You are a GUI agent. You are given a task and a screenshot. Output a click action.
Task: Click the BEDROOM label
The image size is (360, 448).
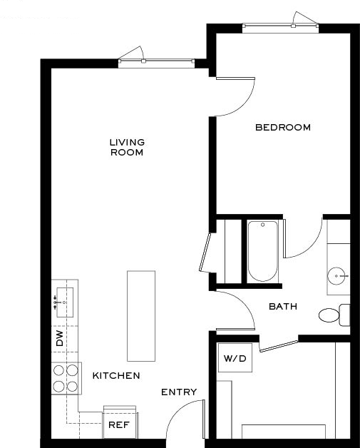283,127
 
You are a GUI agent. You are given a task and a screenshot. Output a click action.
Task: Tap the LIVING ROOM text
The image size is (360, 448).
127,147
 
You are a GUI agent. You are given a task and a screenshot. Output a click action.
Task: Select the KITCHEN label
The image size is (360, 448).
116,375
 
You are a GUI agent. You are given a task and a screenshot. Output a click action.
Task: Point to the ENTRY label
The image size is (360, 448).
179,392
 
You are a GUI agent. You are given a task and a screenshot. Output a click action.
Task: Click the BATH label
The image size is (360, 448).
283,306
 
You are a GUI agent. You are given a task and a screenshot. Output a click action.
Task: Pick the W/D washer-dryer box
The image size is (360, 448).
235,357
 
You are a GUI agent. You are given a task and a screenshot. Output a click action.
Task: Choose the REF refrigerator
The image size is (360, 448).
119,422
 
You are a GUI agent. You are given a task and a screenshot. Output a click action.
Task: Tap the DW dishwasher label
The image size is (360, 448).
59,339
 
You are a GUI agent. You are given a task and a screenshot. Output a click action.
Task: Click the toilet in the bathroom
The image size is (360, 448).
334,315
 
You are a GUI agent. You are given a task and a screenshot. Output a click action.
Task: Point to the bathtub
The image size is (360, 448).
262,251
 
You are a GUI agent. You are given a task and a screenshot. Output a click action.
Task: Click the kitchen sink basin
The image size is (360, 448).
65,302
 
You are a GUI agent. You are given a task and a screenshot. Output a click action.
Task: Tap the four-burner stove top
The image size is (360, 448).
66,378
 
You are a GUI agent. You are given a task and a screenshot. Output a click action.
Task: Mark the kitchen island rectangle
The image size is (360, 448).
141,316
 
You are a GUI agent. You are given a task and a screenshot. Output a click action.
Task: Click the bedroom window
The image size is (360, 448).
280,26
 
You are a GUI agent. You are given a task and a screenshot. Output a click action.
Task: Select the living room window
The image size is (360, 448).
156,61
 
